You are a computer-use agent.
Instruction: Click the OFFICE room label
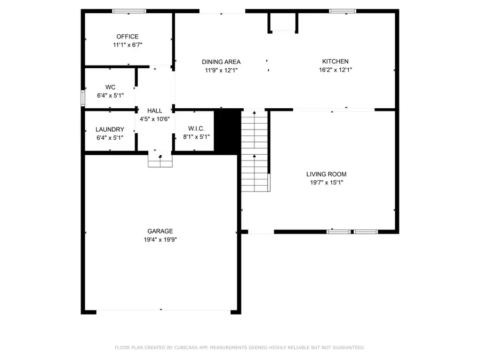127,36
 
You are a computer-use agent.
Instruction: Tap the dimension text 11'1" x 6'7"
127,45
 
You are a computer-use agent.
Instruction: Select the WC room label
110,87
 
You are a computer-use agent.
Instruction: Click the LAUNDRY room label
110,130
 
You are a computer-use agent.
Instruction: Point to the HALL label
155,110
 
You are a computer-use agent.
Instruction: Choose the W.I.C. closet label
194,129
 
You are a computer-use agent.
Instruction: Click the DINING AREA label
221,61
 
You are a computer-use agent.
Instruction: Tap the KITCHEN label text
335,61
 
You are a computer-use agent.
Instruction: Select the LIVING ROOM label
326,174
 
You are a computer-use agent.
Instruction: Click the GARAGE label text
160,231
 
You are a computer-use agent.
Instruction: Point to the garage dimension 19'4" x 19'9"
160,239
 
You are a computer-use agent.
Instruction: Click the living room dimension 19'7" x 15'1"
326,182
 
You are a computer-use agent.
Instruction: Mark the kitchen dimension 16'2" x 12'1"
335,70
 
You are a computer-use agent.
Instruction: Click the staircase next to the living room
254,152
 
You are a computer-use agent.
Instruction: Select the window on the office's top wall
129,11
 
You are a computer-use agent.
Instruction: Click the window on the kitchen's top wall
342,11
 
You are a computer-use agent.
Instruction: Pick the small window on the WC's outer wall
83,98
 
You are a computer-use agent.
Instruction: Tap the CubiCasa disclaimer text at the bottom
240,348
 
